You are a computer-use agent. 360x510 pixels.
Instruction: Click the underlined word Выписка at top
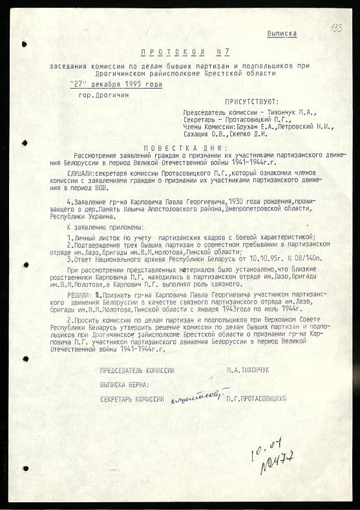pos(282,33)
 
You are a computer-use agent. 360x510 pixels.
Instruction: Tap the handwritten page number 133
pos(336,28)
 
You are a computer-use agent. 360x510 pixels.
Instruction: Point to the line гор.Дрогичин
pos(103,95)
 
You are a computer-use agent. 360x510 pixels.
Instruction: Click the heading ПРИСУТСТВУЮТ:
pos(251,101)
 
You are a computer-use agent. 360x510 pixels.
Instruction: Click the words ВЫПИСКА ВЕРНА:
pos(125,385)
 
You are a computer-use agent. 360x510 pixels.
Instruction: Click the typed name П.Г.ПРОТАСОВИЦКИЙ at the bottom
pos(257,399)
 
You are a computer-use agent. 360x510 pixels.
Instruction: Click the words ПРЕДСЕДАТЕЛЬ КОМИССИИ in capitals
pos(137,370)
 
